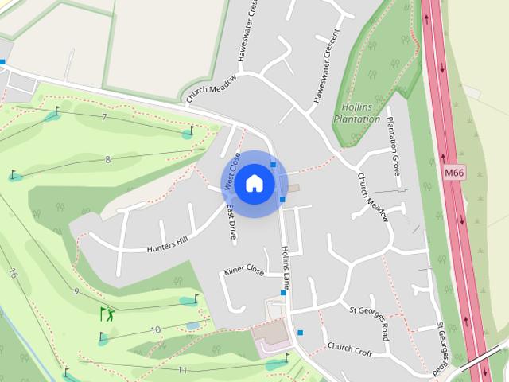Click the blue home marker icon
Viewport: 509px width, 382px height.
click(x=254, y=184)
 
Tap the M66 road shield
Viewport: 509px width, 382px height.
click(x=455, y=172)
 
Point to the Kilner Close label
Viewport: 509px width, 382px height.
click(x=244, y=271)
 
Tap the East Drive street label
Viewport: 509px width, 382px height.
click(x=231, y=223)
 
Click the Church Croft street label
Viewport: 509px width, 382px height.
click(x=350, y=348)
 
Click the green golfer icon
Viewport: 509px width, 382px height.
click(x=106, y=314)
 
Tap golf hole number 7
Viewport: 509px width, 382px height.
click(x=104, y=118)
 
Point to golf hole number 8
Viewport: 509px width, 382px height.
click(x=107, y=160)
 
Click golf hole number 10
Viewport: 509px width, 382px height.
click(x=155, y=329)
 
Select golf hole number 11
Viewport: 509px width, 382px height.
click(x=183, y=370)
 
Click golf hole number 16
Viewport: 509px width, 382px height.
click(x=13, y=273)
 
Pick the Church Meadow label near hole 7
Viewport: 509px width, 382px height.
click(x=212, y=89)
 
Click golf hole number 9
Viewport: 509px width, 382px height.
click(x=76, y=291)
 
